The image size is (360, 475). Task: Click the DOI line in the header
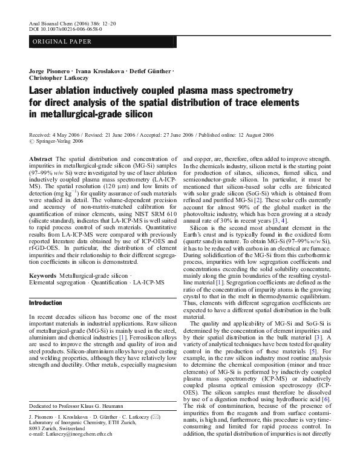tap(65, 28)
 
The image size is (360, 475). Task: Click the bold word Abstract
tap(41, 159)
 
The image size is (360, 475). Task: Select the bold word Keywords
tap(44, 276)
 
